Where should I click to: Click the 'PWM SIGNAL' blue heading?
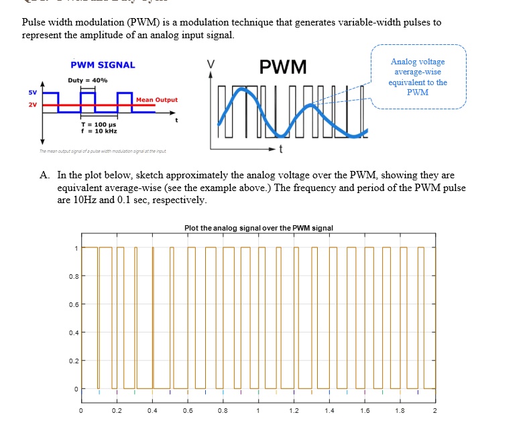tap(103, 65)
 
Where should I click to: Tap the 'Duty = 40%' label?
tap(87, 80)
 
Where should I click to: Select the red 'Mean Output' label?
tap(157, 100)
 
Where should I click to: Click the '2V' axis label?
tap(32, 105)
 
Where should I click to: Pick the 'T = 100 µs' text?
tap(98, 125)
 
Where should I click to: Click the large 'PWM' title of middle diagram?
tap(283, 68)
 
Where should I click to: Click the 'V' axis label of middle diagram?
tap(211, 64)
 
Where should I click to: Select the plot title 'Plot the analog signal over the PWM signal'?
tap(259, 229)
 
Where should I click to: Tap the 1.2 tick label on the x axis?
tap(293, 411)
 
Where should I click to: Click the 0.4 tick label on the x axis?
tap(152, 411)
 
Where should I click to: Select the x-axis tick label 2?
tap(434, 411)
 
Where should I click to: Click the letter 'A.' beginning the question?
tap(44, 175)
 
